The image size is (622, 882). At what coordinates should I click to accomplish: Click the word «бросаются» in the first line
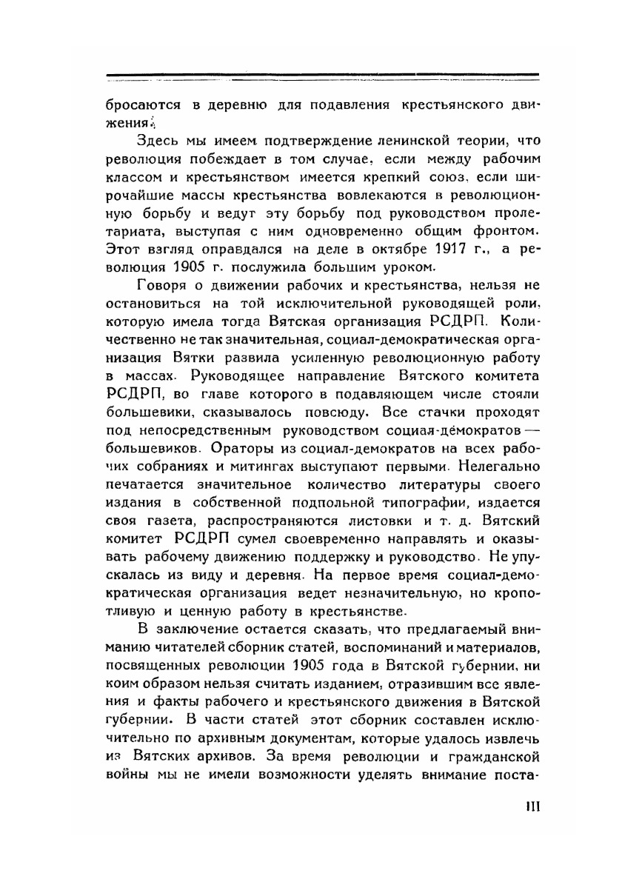pos(138,104)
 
